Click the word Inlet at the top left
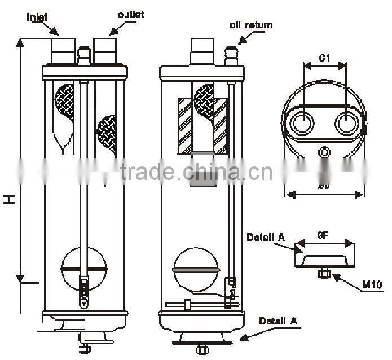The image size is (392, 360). click(x=38, y=17)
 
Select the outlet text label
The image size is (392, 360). click(x=130, y=15)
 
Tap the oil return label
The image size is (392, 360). click(x=251, y=25)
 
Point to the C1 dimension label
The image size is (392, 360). click(x=324, y=58)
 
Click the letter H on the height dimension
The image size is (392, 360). click(x=10, y=199)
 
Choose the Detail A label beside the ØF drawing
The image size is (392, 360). click(x=265, y=238)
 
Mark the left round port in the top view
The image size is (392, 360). click(x=302, y=123)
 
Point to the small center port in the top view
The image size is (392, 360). click(x=324, y=152)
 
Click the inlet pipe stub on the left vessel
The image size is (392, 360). click(x=63, y=50)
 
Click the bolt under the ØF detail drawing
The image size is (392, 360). click(x=324, y=274)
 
